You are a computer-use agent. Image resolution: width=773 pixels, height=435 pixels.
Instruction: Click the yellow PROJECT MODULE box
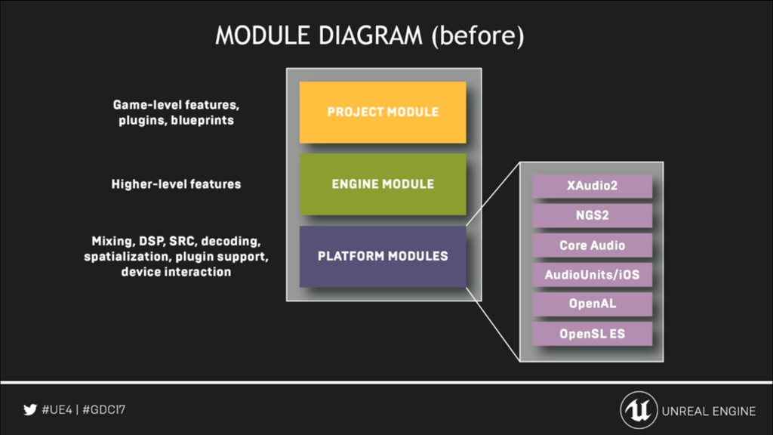pyautogui.click(x=383, y=113)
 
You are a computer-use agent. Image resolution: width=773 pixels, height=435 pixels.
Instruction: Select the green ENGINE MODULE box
pyautogui.click(x=383, y=184)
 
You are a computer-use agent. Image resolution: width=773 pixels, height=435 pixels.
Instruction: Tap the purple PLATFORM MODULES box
pyautogui.click(x=383, y=257)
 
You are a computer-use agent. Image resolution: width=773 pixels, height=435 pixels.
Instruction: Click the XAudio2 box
pyautogui.click(x=592, y=186)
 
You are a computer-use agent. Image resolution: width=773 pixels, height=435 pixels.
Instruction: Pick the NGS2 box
pyautogui.click(x=592, y=215)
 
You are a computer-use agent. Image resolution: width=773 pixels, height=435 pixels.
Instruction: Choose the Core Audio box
pyautogui.click(x=592, y=245)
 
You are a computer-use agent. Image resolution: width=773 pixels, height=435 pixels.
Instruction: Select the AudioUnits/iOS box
pyautogui.click(x=592, y=275)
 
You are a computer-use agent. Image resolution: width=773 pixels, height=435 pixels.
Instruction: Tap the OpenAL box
pyautogui.click(x=592, y=304)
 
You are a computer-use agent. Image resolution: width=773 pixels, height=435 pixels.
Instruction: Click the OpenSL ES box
pyautogui.click(x=592, y=334)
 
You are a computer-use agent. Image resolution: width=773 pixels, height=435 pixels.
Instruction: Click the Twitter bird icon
pyautogui.click(x=30, y=410)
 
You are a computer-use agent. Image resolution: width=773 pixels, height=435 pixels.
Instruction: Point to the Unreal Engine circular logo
pyautogui.click(x=639, y=410)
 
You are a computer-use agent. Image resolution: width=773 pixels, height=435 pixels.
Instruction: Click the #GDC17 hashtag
pyautogui.click(x=104, y=410)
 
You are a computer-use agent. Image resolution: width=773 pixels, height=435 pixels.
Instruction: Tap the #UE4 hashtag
pyautogui.click(x=57, y=410)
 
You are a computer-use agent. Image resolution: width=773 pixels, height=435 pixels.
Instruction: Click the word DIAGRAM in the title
pyautogui.click(x=370, y=35)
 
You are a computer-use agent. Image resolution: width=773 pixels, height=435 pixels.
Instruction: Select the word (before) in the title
pyautogui.click(x=478, y=36)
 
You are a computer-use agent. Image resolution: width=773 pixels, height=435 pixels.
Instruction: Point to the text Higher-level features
pyautogui.click(x=176, y=184)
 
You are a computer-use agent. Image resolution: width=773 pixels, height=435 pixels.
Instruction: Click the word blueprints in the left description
pyautogui.click(x=202, y=120)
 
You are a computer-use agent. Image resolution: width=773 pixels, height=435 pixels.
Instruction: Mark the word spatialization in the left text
pyautogui.click(x=127, y=257)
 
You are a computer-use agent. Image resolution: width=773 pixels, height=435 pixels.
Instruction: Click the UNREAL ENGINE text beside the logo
pyautogui.click(x=708, y=412)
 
